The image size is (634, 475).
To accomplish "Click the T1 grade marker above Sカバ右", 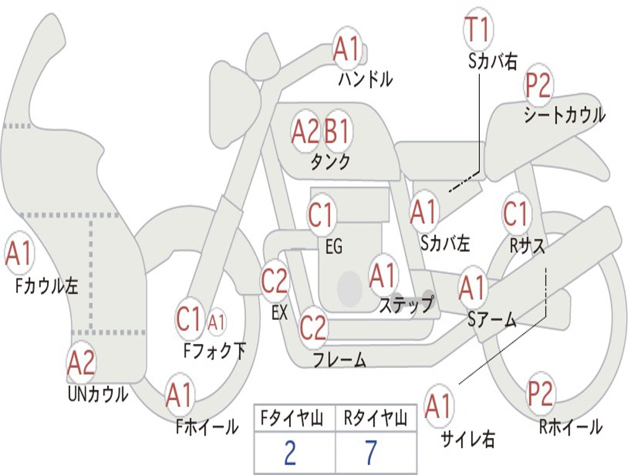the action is click(479, 29).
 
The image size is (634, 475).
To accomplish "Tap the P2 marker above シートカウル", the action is click(538, 85).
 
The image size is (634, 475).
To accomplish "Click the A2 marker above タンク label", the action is click(305, 131).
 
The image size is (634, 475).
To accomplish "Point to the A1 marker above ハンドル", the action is click(347, 48).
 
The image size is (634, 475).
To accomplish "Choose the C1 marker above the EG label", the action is click(321, 215).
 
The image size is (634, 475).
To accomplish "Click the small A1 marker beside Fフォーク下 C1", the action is click(216, 322).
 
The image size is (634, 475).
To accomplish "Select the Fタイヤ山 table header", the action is click(292, 419).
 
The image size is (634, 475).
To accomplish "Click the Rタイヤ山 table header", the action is click(376, 419).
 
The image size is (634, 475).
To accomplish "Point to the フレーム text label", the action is click(340, 359).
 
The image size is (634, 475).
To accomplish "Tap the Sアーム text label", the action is click(492, 320).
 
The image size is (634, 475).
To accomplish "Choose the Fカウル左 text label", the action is click(47, 286).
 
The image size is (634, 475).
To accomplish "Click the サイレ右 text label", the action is click(468, 439).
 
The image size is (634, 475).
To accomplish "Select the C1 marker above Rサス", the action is click(516, 213).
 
